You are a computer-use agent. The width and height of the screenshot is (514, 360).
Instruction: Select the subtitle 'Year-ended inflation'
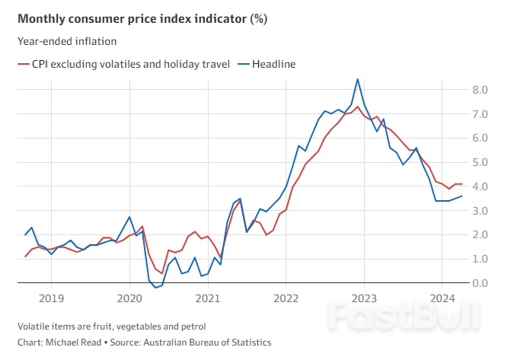[67, 41]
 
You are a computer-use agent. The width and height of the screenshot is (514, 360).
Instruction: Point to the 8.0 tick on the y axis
[480, 90]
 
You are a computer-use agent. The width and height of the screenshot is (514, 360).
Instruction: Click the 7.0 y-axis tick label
[480, 114]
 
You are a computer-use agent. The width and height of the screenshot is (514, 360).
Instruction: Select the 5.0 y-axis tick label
[480, 162]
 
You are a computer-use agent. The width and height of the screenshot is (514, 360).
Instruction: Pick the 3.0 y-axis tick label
[480, 211]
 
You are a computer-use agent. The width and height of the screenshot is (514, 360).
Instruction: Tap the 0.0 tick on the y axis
[480, 283]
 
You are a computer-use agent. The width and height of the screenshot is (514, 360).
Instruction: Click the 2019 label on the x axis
[51, 298]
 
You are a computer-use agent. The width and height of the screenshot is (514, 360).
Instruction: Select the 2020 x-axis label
[129, 298]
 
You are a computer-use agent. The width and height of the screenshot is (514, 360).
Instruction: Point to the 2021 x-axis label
[208, 298]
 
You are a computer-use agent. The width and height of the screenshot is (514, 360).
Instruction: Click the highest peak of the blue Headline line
[358, 79]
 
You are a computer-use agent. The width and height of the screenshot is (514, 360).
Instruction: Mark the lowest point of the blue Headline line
[155, 288]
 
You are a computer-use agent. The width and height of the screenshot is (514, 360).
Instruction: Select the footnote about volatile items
[111, 327]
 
